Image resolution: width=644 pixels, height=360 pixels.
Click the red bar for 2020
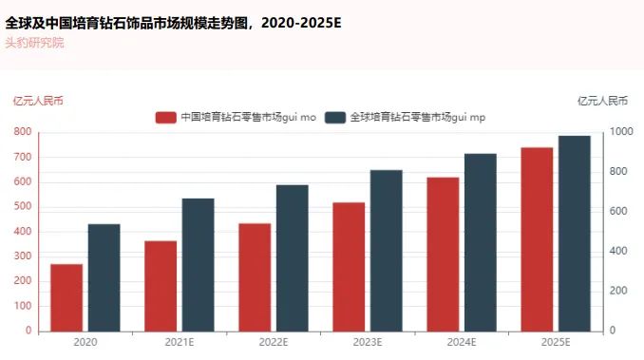(66, 297)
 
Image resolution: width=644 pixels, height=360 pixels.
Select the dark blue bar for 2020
(104, 277)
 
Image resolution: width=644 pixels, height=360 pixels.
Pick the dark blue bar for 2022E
(293, 257)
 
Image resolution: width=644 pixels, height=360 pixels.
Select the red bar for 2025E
(537, 239)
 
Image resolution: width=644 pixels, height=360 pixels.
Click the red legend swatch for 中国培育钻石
(165, 117)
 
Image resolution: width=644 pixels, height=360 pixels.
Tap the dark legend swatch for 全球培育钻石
(334, 117)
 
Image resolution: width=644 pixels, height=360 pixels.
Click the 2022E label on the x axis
(273, 342)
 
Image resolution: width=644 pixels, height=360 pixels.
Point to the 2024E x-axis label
(461, 342)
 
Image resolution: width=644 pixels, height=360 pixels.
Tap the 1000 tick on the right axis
(619, 132)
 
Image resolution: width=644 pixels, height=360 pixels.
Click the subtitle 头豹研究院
(34, 43)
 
